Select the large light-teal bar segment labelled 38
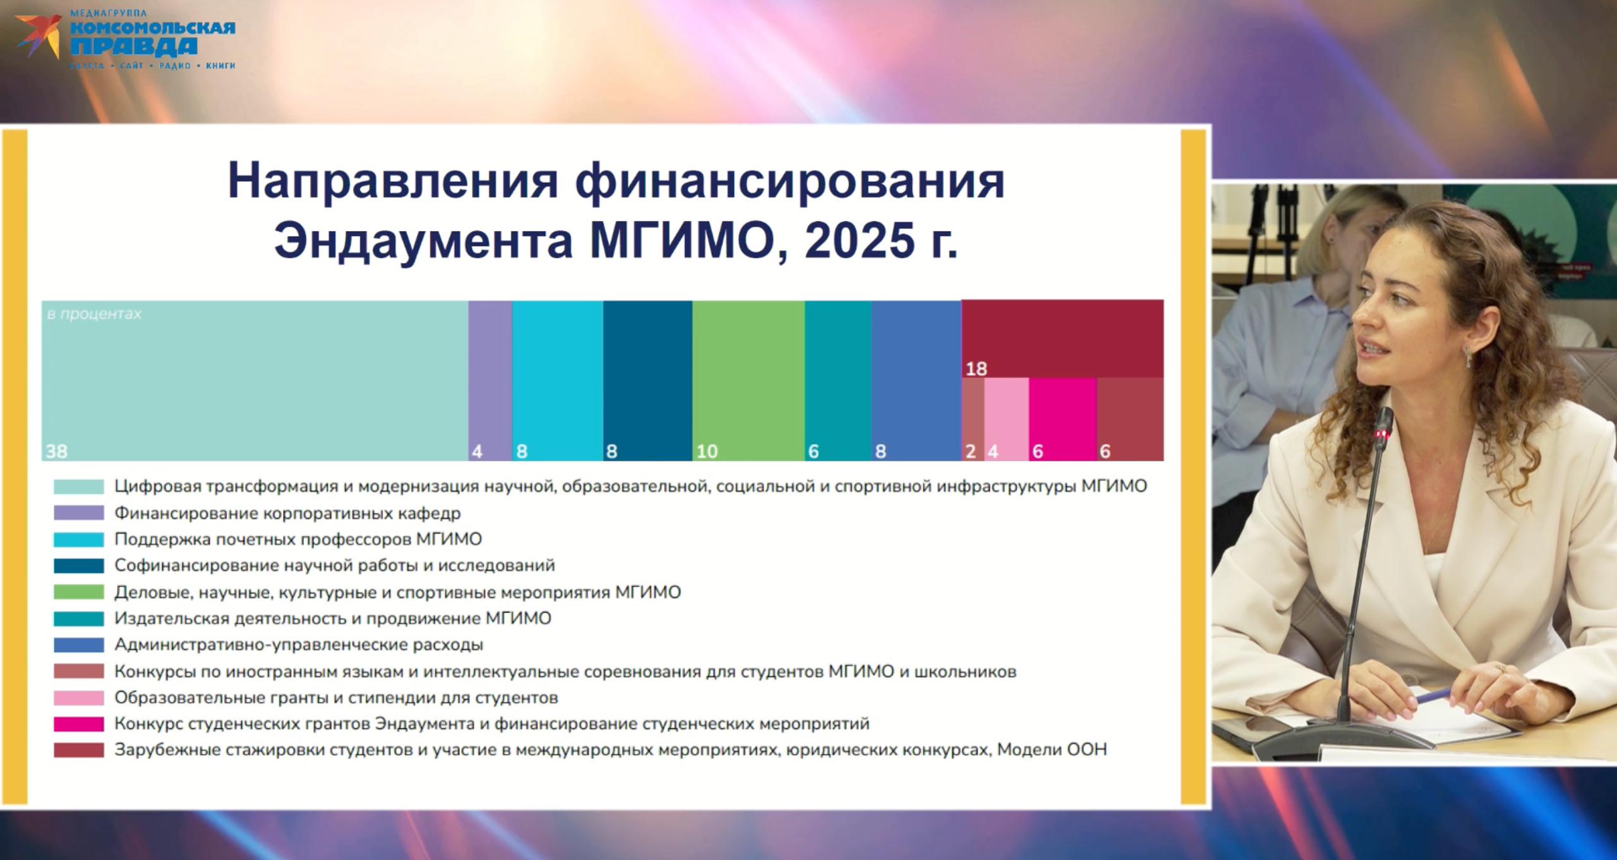pyautogui.click(x=255, y=381)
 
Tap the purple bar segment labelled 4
pyautogui.click(x=490, y=381)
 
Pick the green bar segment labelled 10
pyautogui.click(x=748, y=381)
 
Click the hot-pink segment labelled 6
pyautogui.click(x=1063, y=419)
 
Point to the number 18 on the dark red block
pyautogui.click(x=976, y=369)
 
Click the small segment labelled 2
pyautogui.click(x=973, y=419)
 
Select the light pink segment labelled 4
pyautogui.click(x=1006, y=419)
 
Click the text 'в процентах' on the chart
pyautogui.click(x=94, y=314)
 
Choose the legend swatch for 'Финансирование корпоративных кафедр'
pyautogui.click(x=79, y=513)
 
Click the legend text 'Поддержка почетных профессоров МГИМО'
pyautogui.click(x=298, y=539)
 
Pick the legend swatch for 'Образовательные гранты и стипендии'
pyautogui.click(x=79, y=698)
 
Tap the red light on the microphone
pyautogui.click(x=1380, y=434)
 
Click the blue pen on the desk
pyautogui.click(x=1434, y=695)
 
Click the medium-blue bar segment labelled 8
pyautogui.click(x=917, y=381)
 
